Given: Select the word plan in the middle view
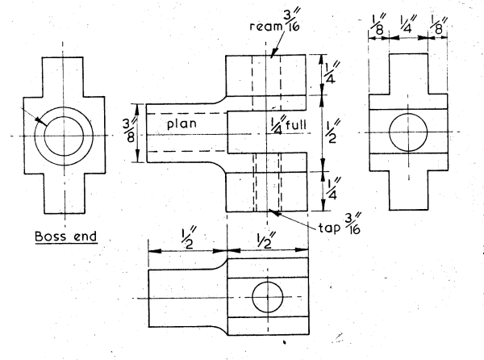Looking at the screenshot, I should point(184,125).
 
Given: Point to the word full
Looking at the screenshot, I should point(298,125).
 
